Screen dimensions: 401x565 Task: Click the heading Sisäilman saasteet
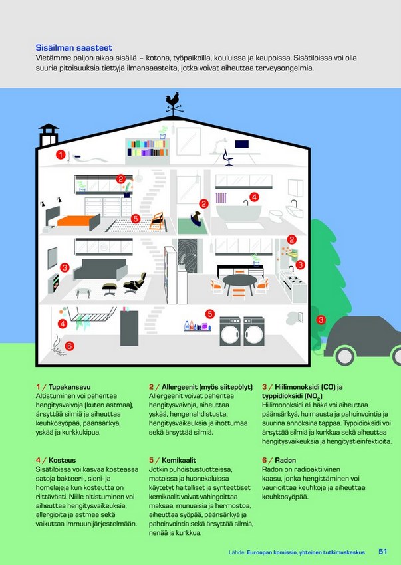click(74, 48)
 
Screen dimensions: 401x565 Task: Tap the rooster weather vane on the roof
click(174, 104)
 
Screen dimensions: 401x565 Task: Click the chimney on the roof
click(49, 135)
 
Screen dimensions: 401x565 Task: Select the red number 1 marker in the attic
click(61, 155)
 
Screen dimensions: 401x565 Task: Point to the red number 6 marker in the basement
click(70, 346)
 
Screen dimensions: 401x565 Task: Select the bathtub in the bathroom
click(239, 212)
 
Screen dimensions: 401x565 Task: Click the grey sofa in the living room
click(100, 269)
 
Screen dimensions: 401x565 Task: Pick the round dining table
click(240, 281)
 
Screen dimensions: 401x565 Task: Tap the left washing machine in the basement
click(230, 332)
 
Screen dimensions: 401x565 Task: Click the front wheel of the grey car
click(345, 356)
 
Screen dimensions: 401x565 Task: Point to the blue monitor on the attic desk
click(241, 144)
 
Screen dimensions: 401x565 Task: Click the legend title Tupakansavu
click(70, 387)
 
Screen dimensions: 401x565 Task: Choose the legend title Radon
click(285, 460)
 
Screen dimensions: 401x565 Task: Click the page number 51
click(382, 552)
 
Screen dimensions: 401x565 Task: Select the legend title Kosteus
click(62, 460)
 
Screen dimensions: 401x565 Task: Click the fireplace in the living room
click(53, 284)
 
